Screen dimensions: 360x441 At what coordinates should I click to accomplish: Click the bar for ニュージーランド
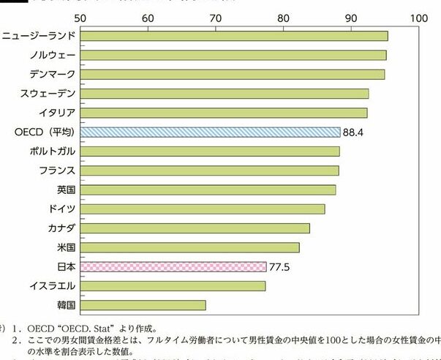point(234,36)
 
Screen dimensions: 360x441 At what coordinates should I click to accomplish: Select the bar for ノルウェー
point(233,55)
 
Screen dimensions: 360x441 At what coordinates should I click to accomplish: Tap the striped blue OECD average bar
point(211,132)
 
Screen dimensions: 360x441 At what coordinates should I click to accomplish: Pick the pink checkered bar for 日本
point(173,266)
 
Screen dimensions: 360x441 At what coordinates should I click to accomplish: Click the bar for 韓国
point(143,304)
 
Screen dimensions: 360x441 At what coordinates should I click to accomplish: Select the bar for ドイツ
point(203,209)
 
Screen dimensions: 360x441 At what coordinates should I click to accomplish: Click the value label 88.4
point(354,132)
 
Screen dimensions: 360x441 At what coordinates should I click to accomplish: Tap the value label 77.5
point(279,267)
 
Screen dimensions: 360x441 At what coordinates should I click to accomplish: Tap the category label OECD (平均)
point(45,132)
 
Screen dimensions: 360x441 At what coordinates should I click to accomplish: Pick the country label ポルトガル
point(49,151)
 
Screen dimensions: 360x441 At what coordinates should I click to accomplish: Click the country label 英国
point(65,190)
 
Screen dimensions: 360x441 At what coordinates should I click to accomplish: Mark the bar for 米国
point(190,247)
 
